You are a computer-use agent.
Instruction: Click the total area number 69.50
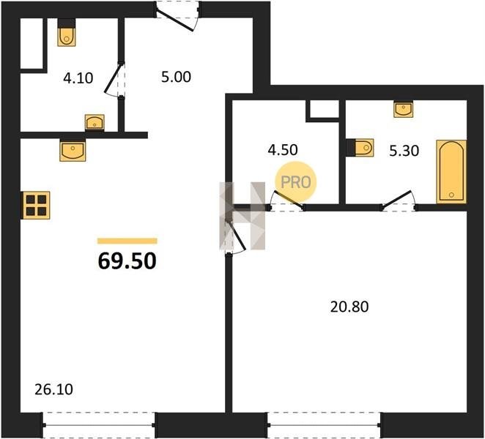(127, 261)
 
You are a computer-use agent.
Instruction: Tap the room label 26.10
(53, 389)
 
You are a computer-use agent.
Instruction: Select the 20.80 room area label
(349, 307)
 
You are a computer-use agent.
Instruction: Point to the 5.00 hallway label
(176, 77)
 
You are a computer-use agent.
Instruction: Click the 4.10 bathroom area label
(78, 78)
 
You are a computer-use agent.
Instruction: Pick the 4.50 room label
(283, 150)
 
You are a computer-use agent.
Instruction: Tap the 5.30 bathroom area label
(404, 151)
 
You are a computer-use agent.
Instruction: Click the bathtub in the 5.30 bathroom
(451, 172)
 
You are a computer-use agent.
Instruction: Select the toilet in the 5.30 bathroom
(360, 147)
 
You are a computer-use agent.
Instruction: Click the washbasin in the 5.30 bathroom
(404, 109)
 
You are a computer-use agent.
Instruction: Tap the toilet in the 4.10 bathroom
(67, 33)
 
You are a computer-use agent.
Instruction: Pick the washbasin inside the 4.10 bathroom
(95, 123)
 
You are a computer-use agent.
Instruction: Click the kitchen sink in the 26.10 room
(73, 150)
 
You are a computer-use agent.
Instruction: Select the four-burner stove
(36, 205)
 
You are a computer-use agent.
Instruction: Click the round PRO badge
(296, 182)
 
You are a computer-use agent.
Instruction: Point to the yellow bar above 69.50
(127, 241)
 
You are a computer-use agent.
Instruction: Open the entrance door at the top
(177, 15)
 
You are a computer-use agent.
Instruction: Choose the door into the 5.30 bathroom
(399, 202)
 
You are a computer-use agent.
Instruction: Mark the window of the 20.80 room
(324, 425)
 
